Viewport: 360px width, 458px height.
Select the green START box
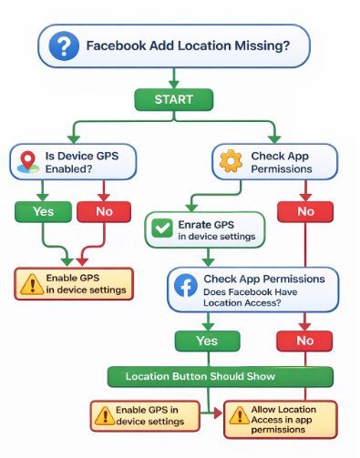(x=173, y=98)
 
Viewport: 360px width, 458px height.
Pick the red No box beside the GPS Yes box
(x=99, y=212)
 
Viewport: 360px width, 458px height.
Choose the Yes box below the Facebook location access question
(x=209, y=340)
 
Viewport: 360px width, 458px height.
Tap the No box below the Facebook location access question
(x=306, y=340)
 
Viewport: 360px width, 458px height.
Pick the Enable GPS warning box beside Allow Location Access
(x=149, y=414)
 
